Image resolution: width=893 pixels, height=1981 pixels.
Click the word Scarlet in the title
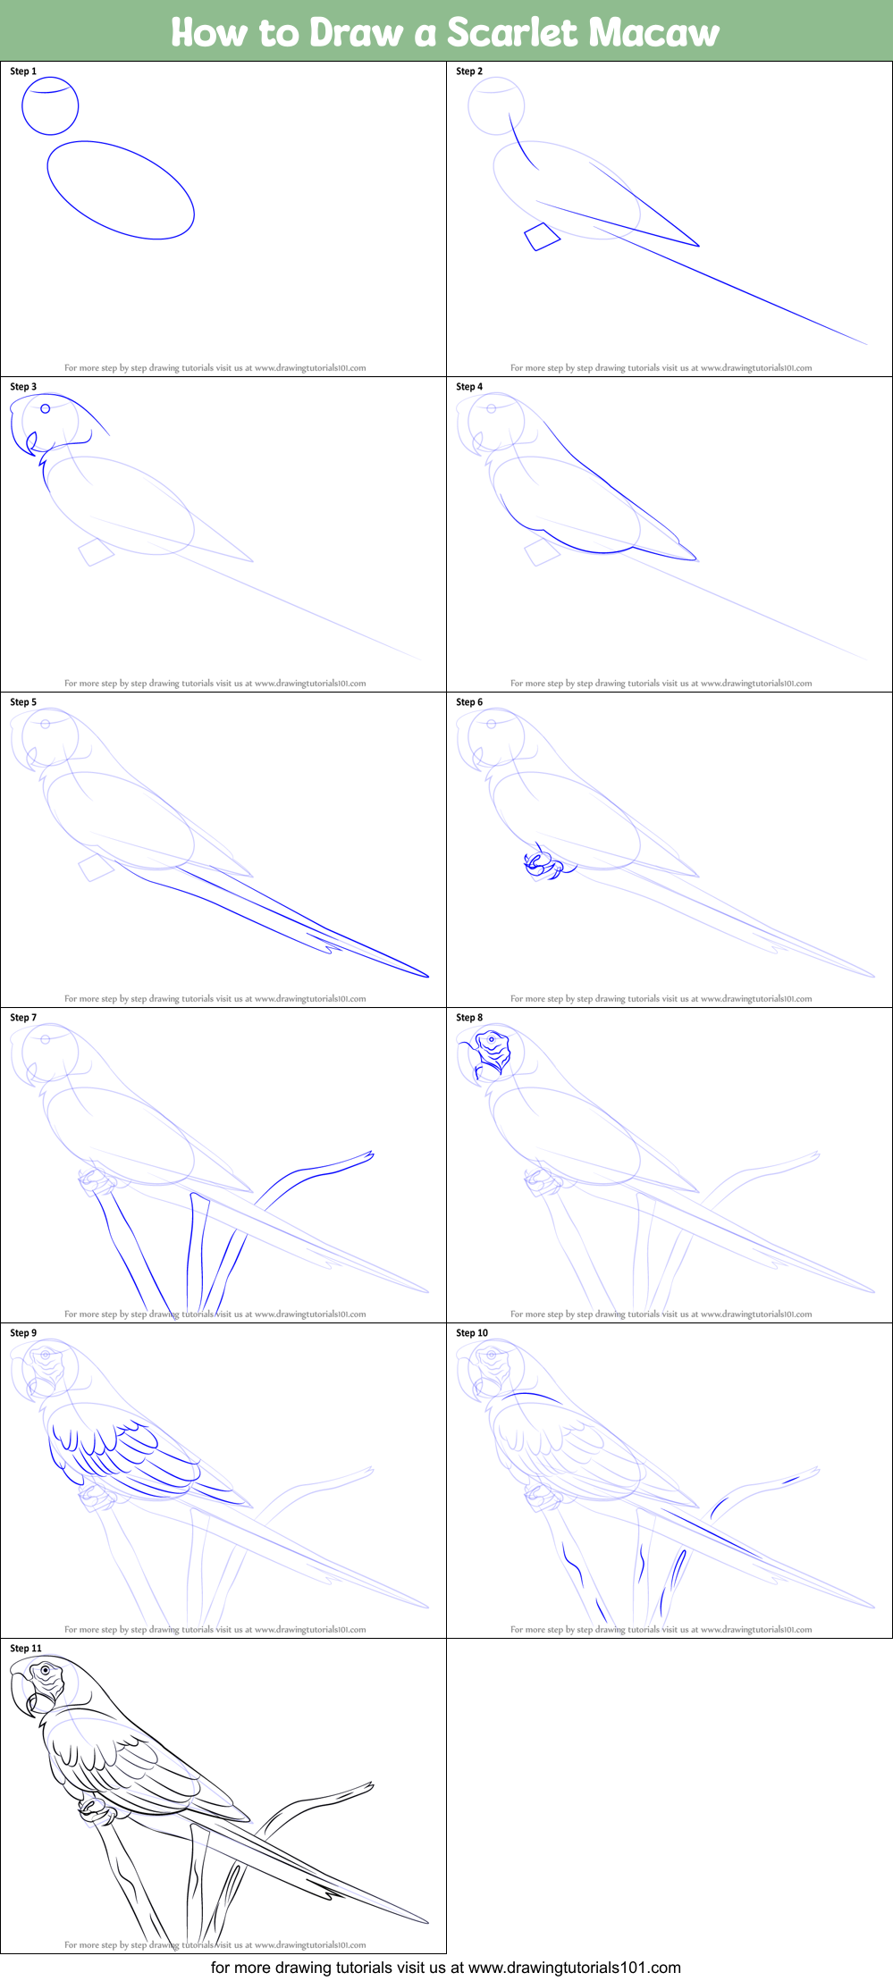pos(511,32)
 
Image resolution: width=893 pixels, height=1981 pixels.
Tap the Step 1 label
pos(23,71)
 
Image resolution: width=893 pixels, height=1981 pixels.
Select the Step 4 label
pos(469,387)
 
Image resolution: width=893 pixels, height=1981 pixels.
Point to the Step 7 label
pos(23,1018)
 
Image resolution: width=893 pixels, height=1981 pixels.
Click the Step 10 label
pos(472,1333)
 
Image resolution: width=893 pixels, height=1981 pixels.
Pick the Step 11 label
pos(26,1649)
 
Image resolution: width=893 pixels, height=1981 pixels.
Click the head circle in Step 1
pos(50,106)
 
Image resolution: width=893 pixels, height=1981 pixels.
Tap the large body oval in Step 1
pos(121,190)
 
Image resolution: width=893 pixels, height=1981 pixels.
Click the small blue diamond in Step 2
pos(542,237)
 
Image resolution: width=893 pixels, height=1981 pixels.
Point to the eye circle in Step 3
pos(46,409)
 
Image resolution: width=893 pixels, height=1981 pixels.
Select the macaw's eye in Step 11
pos(46,1669)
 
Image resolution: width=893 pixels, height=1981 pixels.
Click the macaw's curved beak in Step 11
pos(24,1693)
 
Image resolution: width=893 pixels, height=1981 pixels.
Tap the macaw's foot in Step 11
pos(96,1811)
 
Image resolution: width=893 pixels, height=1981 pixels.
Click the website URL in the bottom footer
pos(574,1967)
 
